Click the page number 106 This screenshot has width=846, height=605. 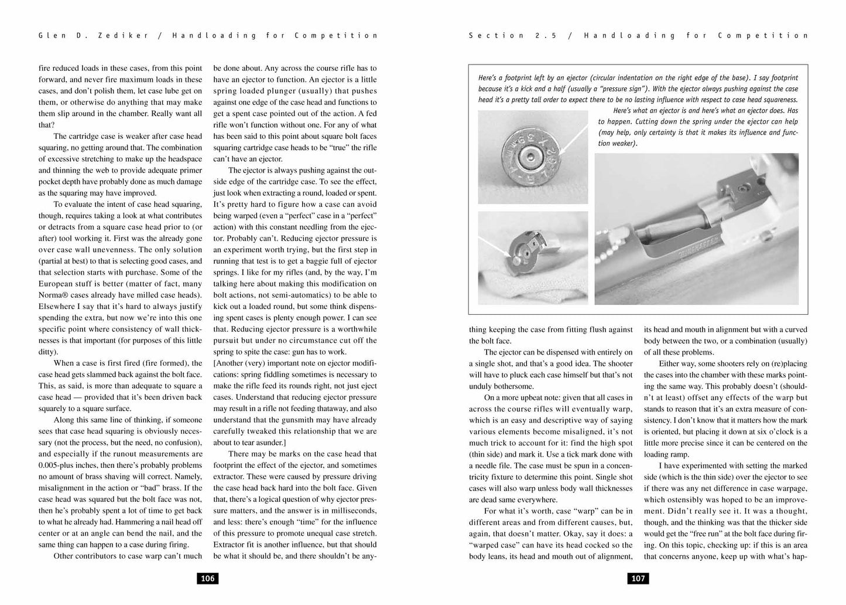[x=208, y=579]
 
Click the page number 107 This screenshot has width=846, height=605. [x=638, y=579]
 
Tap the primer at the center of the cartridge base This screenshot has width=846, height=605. [x=529, y=156]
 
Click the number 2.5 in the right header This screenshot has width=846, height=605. [x=544, y=35]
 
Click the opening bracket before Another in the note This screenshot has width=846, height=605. [x=215, y=363]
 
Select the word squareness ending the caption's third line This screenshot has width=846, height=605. [x=777, y=100]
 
